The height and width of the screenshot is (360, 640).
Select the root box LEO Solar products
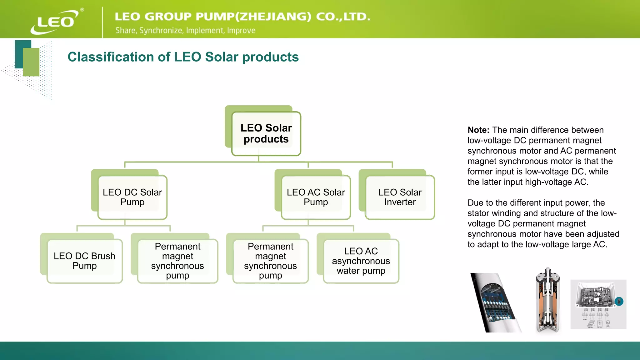click(x=266, y=133)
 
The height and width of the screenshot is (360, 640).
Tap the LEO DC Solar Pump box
click(x=132, y=197)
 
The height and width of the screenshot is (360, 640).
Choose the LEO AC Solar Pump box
click(x=316, y=197)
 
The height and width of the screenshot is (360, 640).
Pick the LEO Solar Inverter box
click(x=400, y=197)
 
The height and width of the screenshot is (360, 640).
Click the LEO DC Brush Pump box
click(x=84, y=261)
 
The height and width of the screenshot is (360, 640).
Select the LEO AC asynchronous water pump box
click(x=361, y=261)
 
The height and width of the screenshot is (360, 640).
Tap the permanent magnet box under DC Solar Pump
click(x=177, y=261)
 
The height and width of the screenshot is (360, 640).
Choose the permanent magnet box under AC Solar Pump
click(x=270, y=261)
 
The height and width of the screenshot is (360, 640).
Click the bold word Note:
click(x=478, y=130)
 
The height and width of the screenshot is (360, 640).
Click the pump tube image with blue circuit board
click(x=495, y=302)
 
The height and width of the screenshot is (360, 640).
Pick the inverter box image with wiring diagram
click(x=598, y=304)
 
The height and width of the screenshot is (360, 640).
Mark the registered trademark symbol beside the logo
click(x=82, y=10)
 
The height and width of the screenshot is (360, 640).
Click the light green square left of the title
click(x=31, y=62)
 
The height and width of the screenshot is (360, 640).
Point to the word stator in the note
click(x=478, y=213)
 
